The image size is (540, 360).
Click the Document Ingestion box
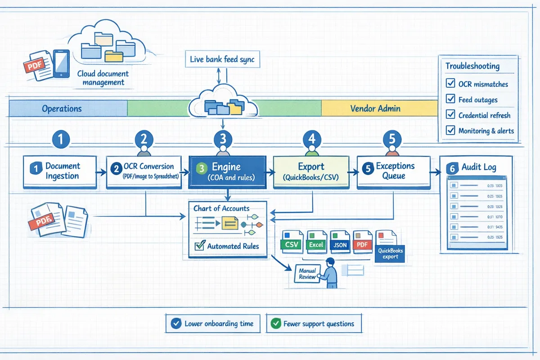tap(59, 171)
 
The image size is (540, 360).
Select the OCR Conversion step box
tap(144, 171)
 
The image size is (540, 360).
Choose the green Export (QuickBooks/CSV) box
tap(311, 171)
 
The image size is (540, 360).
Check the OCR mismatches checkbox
tap(450, 84)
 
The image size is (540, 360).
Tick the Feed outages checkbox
tap(450, 99)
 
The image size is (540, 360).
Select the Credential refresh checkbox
tap(450, 115)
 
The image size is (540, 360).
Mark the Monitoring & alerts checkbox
tap(450, 131)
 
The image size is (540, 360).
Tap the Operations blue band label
tap(62, 108)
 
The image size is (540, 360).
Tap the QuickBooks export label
tap(390, 253)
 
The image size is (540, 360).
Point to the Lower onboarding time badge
tap(213, 324)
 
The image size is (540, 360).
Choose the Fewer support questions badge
tap(314, 324)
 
